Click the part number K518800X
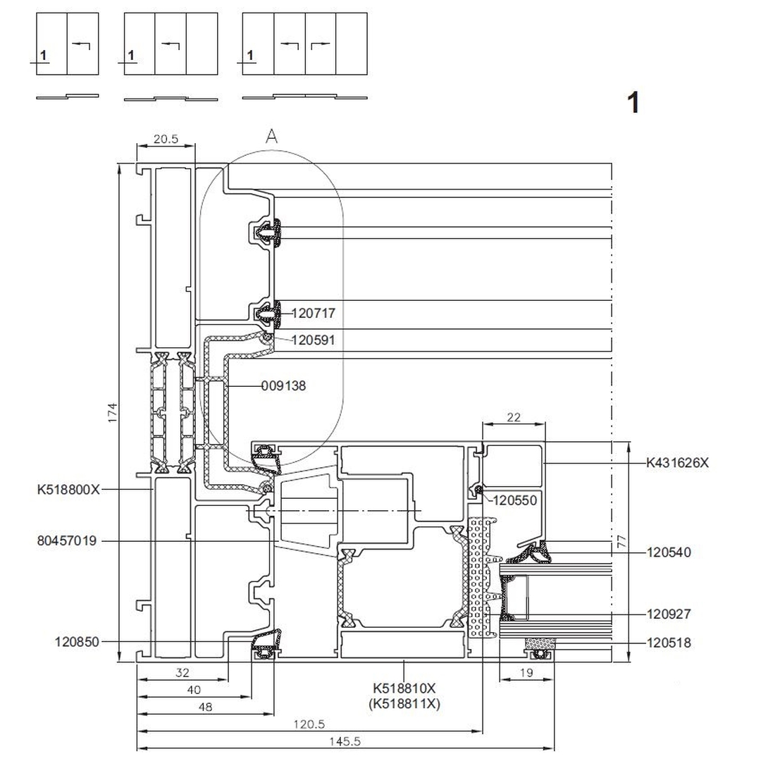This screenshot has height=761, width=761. tap(68, 488)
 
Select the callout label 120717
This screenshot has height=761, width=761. tap(313, 314)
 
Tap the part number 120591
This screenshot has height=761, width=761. tap(313, 340)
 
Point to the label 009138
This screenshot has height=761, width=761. tap(283, 386)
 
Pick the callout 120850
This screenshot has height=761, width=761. tap(77, 642)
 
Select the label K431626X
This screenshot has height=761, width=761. tap(677, 463)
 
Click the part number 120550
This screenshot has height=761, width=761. tap(514, 501)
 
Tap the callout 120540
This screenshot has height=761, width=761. tap(669, 552)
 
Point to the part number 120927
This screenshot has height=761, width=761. tap(669, 614)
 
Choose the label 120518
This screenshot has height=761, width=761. tap(669, 643)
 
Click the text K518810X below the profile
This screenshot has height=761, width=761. tap(405, 688)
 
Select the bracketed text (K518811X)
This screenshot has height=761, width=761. tap(405, 703)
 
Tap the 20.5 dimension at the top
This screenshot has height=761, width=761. tap(166, 139)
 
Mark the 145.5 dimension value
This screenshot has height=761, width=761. tap(345, 742)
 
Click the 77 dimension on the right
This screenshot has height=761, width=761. tap(620, 542)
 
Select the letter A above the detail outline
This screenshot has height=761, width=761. tap(271, 137)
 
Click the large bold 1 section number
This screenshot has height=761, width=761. tap(633, 103)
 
